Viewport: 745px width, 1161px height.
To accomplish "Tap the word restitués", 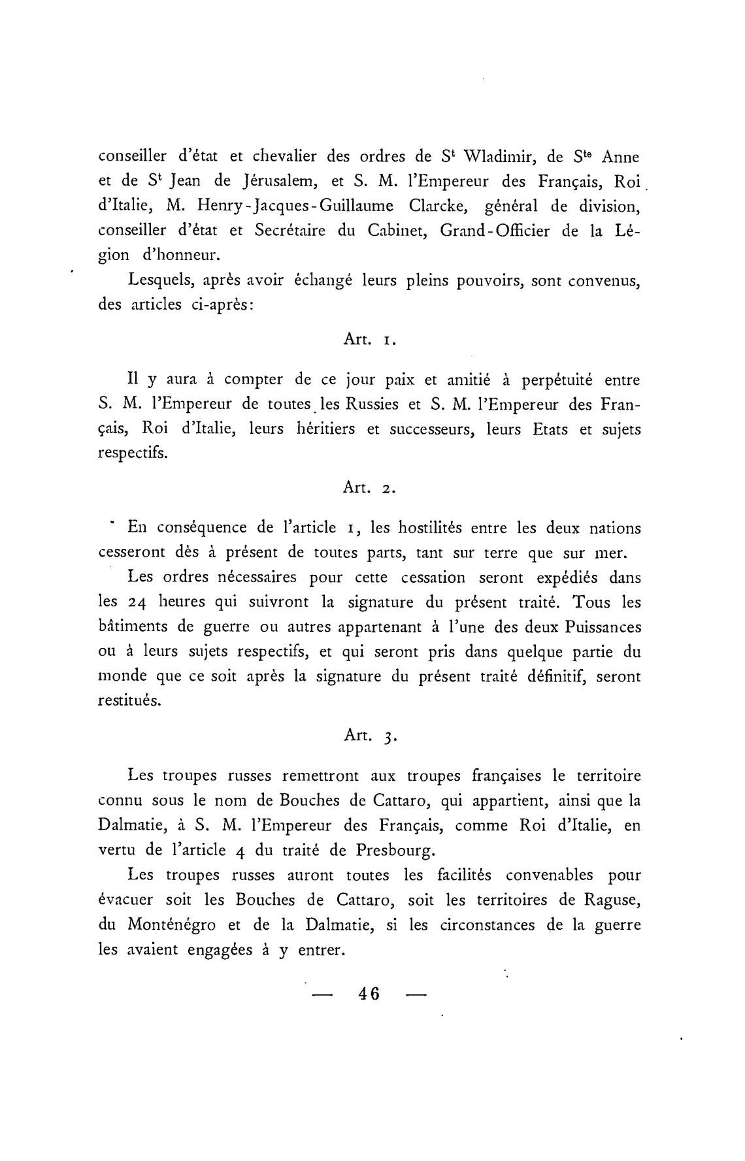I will click(129, 700).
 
